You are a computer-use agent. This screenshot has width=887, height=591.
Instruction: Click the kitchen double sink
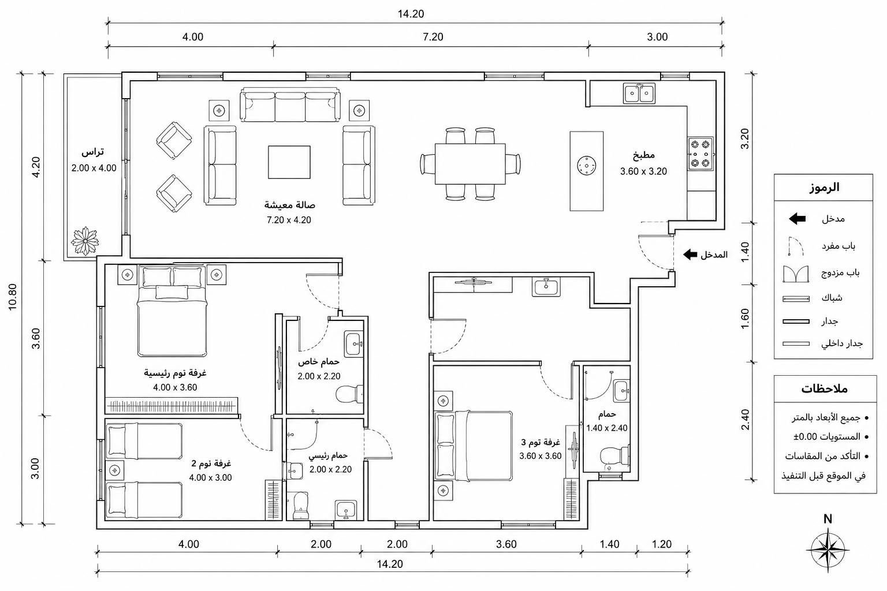(639, 93)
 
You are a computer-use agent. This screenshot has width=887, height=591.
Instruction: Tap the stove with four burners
(700, 154)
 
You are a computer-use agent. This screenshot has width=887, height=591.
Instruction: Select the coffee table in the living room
(289, 162)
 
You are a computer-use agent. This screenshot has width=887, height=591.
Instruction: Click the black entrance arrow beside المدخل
(690, 255)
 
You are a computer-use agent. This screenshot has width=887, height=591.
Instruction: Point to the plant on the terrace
(85, 241)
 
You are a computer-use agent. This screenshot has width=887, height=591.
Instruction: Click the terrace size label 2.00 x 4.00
(94, 168)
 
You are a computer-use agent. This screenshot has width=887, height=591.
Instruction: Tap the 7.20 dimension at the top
(433, 37)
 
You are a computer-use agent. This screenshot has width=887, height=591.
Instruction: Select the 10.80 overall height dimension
(12, 297)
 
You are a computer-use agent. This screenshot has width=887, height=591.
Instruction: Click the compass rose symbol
(828, 550)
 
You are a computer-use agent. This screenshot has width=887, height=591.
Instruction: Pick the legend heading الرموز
(824, 187)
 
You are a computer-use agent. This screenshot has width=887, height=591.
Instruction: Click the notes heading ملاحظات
(825, 389)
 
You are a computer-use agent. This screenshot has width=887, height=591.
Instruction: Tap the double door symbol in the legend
(796, 274)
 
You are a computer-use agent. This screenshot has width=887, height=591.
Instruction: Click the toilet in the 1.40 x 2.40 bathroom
(615, 455)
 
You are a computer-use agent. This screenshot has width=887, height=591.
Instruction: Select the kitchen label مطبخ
(643, 155)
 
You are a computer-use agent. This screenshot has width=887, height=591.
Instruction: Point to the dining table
(470, 163)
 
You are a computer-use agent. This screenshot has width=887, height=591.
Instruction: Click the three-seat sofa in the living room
(290, 105)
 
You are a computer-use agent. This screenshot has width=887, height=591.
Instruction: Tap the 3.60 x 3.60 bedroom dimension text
(541, 456)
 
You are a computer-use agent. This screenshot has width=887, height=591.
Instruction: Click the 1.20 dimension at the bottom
(662, 544)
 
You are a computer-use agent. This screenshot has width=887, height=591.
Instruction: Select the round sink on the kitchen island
(587, 165)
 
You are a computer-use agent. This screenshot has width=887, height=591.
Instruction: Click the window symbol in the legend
(796, 299)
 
